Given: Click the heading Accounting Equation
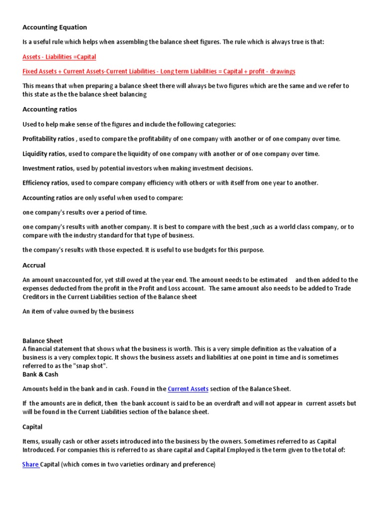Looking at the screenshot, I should pos(54,27).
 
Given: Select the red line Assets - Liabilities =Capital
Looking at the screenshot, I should pos(59,57).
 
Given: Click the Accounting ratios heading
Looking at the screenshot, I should pos(50,109).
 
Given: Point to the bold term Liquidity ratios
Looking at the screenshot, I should pos(44,153).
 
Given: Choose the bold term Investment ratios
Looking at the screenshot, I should pos(47,168).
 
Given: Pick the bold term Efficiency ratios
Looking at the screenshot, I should pos(46,183).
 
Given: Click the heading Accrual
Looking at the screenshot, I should pos(34,265).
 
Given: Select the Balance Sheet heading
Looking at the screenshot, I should pos(43,341).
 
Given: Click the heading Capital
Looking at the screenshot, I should pos(32,427).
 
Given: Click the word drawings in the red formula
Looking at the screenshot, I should pos(282,71).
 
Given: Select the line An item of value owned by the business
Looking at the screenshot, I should pos(78,311).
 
